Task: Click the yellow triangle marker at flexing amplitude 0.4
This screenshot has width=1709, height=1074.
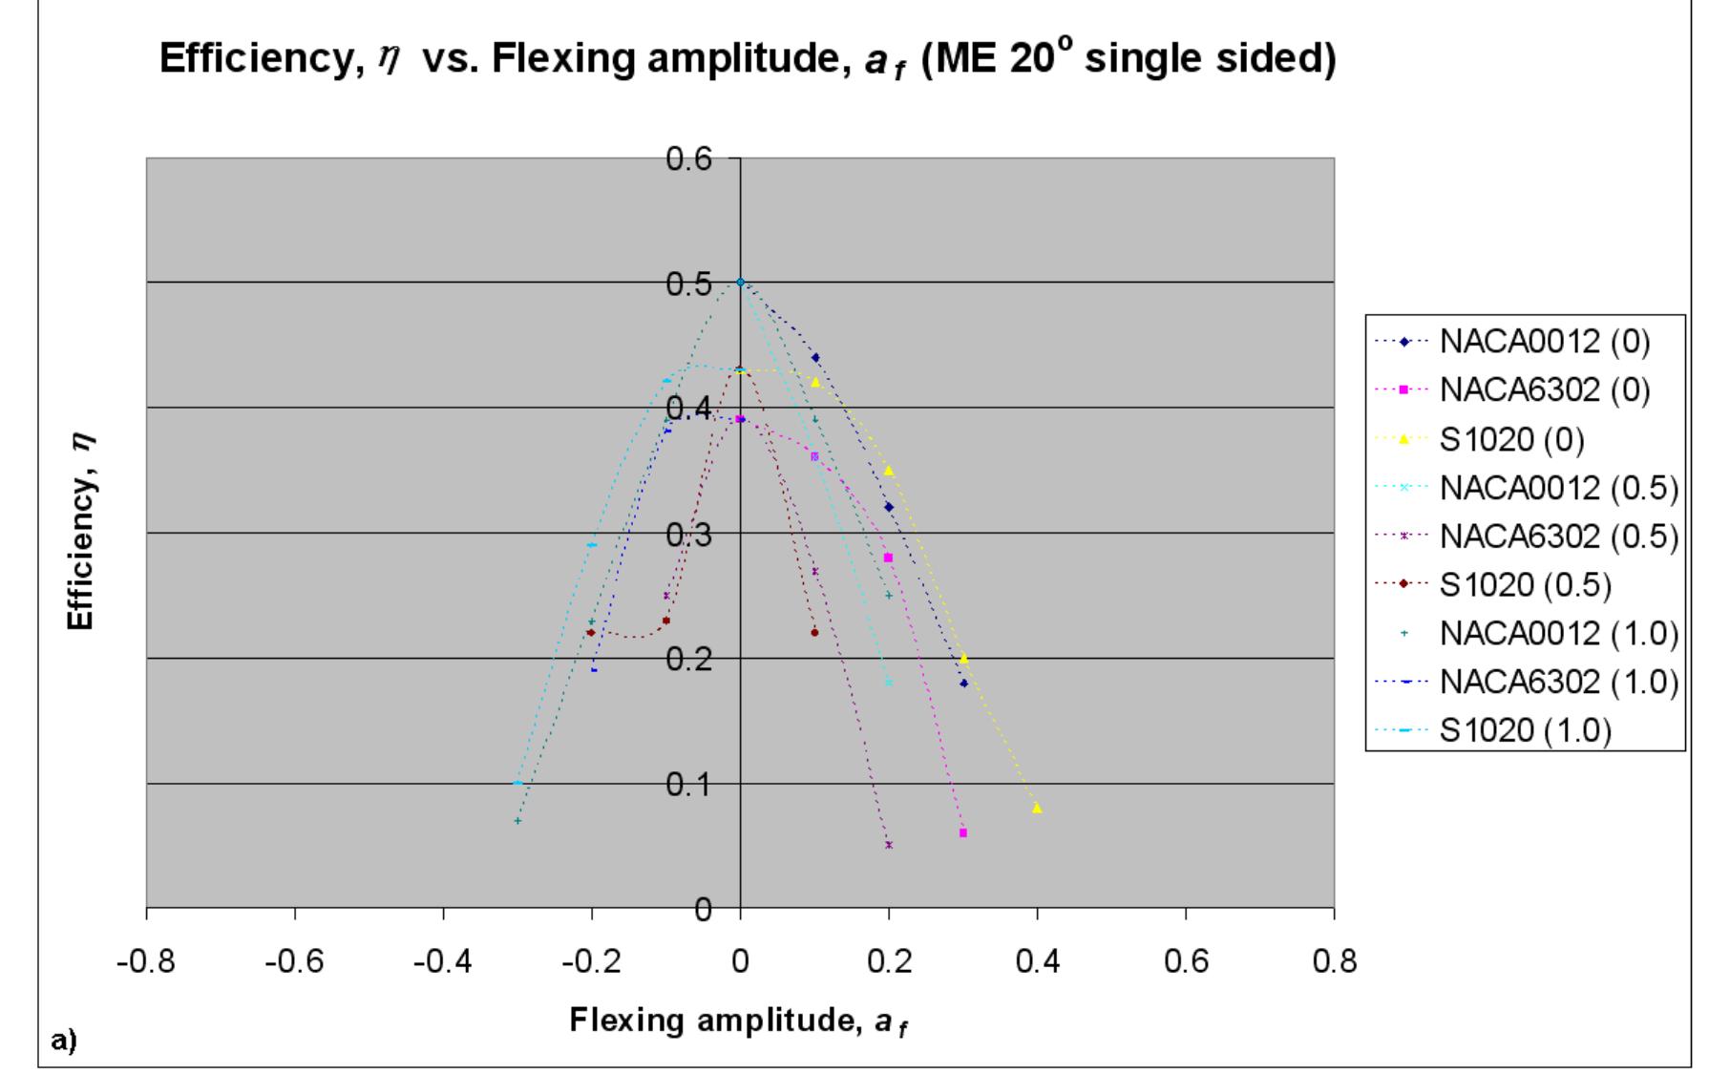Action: coord(1037,808)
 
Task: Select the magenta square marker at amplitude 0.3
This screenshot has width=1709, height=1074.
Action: coord(962,832)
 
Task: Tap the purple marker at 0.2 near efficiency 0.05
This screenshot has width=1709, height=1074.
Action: coord(889,845)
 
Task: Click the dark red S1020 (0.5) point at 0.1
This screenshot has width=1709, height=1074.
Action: coord(814,632)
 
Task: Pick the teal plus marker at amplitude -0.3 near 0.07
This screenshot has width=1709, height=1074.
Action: coord(517,820)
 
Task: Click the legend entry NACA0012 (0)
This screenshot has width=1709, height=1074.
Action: coord(1544,341)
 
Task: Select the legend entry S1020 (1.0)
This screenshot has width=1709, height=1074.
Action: coord(1525,730)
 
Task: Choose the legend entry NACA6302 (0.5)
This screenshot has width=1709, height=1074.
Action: coord(1558,536)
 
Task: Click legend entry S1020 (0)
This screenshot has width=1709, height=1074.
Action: coord(1511,438)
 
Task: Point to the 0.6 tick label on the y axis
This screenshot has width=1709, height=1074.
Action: coord(688,158)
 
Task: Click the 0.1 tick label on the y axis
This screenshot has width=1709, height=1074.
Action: coord(688,785)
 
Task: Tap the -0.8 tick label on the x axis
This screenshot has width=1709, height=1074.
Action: coord(146,960)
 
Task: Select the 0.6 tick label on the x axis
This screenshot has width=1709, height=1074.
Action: coord(1185,960)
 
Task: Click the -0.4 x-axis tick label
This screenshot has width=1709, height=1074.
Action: coord(443,960)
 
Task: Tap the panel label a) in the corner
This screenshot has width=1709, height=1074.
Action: coord(63,1040)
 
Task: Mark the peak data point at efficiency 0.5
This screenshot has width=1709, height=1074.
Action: coord(740,283)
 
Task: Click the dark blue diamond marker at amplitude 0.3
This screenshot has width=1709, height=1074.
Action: coord(963,683)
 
